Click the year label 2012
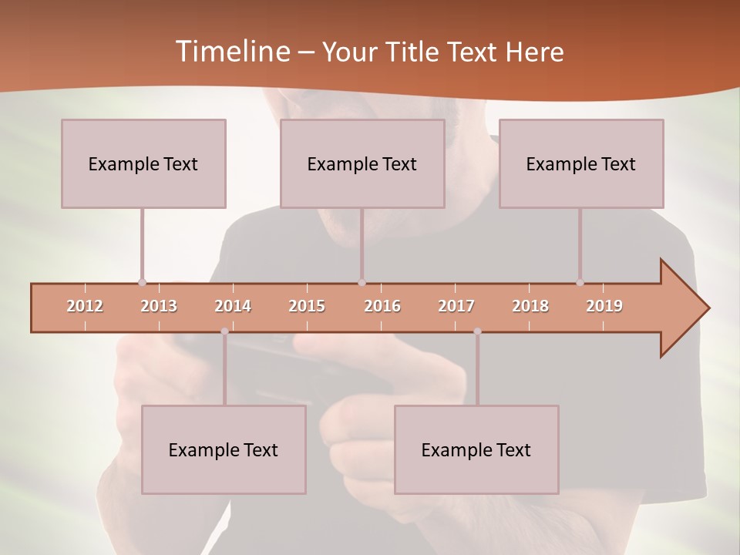coord(85,306)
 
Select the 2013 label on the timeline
coord(159,306)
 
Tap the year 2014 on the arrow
coord(233,306)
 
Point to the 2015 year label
coord(307,306)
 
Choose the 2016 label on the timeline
coord(382,306)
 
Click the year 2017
coord(456,306)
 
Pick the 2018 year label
coord(530,306)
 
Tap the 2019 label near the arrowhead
coord(604,306)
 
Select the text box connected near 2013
coord(143,163)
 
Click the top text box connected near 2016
coord(362,163)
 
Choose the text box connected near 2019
coord(581,163)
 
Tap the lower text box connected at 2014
coord(224,449)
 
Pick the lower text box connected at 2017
coord(476,449)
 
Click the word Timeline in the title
coord(231,51)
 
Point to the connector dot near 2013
coord(142,282)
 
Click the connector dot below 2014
coord(224,331)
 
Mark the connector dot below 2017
coord(477,331)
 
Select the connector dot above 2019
coord(580,282)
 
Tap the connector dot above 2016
coord(362,282)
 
